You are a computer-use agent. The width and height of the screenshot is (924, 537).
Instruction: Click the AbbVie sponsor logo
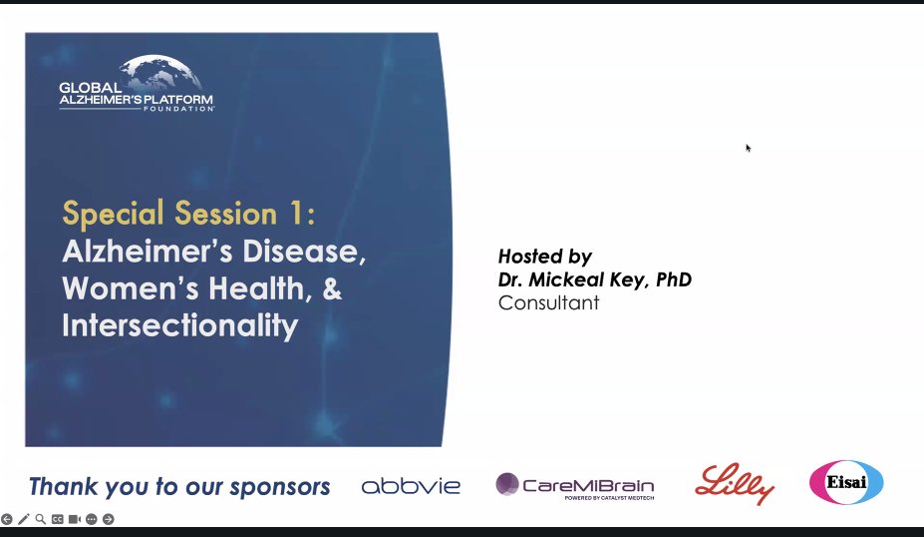[411, 486]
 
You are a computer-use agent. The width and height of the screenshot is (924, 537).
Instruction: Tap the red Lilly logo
[735, 484]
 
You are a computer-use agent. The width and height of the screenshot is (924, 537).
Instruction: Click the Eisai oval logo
[845, 482]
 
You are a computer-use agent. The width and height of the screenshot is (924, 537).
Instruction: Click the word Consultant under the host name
[548, 302]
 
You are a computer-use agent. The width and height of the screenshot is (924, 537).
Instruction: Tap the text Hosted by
[544, 257]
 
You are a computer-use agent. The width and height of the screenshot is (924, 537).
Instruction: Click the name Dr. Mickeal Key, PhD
[594, 279]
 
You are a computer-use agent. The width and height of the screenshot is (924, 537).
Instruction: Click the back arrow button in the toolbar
[7, 519]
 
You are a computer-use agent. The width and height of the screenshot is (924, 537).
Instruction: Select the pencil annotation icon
[24, 519]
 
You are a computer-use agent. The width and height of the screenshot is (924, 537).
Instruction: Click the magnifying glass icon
[41, 519]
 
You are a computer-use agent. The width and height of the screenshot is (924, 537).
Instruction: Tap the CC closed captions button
[58, 519]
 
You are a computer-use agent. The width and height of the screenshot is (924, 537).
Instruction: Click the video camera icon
[75, 519]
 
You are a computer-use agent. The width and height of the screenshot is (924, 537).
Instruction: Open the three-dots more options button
[92, 519]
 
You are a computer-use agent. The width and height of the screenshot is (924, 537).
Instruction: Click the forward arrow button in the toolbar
[109, 519]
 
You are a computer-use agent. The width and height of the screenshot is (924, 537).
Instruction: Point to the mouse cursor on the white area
[748, 148]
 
